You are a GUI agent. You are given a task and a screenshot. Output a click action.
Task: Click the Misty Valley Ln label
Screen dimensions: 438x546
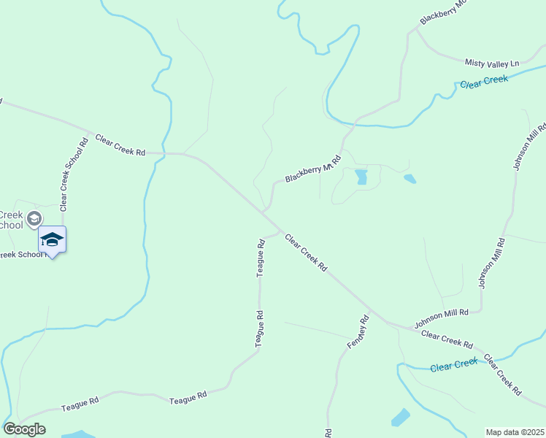click(x=491, y=63)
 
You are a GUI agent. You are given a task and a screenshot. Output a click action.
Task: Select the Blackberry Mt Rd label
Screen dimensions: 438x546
click(x=313, y=169)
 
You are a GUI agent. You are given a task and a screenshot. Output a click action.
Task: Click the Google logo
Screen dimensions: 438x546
click(x=24, y=429)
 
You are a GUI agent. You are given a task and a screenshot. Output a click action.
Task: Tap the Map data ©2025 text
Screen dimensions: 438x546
click(x=515, y=432)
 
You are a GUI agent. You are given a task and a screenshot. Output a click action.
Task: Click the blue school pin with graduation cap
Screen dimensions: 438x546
click(x=52, y=239)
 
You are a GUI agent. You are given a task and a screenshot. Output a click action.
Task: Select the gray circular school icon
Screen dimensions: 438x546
click(x=33, y=218)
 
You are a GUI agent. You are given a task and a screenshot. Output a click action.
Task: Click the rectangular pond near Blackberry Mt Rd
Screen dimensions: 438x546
click(x=361, y=177)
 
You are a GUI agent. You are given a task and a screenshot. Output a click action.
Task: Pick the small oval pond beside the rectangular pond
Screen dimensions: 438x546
click(x=409, y=178)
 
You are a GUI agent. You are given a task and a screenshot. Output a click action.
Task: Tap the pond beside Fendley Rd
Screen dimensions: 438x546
click(x=401, y=418)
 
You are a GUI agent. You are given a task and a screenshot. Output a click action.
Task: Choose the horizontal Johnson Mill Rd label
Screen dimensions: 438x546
click(x=441, y=318)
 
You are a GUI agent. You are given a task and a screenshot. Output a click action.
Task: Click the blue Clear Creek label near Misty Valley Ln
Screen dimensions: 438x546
click(x=483, y=82)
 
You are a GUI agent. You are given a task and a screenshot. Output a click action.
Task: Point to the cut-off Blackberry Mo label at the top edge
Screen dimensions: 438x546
click(x=442, y=12)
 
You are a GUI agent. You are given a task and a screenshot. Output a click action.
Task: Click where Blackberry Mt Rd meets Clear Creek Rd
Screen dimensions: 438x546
click(x=264, y=212)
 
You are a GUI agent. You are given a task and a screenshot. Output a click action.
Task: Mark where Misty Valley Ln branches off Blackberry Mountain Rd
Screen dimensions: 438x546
click(x=417, y=31)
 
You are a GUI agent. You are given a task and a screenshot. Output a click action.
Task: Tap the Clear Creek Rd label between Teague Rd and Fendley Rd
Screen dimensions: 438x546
click(x=306, y=253)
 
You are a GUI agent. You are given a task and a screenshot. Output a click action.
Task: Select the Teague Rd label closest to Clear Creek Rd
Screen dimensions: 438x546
click(x=260, y=256)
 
